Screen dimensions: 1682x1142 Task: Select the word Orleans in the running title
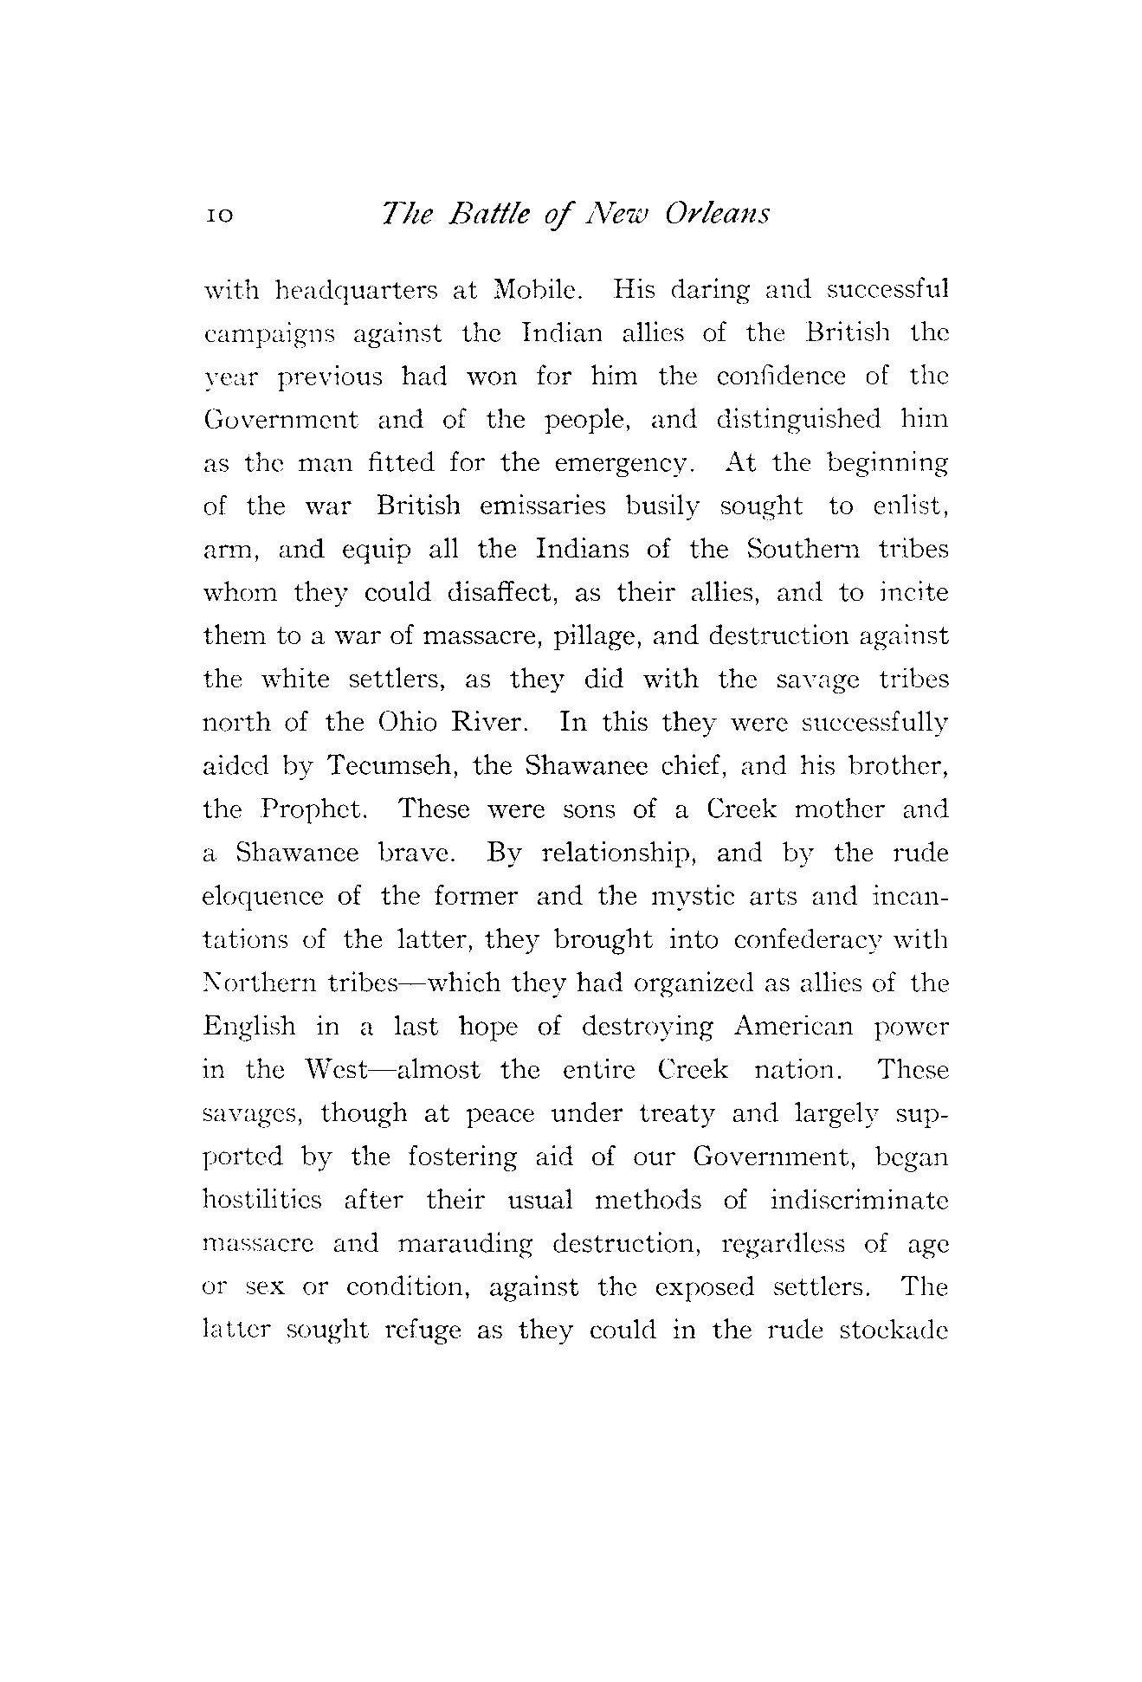(717, 214)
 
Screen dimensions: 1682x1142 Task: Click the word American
(792, 1028)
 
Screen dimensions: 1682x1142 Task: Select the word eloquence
(262, 898)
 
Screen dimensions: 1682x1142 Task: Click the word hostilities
(261, 1201)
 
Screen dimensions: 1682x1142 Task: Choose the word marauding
(467, 1244)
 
